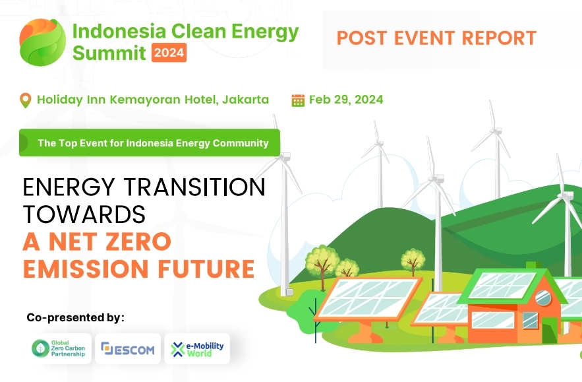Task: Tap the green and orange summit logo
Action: coord(42,41)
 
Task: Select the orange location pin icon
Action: coord(26,100)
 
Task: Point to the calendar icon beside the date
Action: coord(298,100)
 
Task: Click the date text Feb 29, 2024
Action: coord(346,100)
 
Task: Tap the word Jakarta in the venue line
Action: coord(246,100)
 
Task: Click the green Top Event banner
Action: coord(150,143)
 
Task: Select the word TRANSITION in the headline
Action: coord(194,187)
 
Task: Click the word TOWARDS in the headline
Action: coord(84,214)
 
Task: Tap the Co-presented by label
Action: coord(75,317)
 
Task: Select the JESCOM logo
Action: coord(128,348)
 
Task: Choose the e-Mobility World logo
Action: coord(197,348)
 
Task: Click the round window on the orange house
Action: coord(543,298)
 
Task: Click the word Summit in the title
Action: coord(109,52)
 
